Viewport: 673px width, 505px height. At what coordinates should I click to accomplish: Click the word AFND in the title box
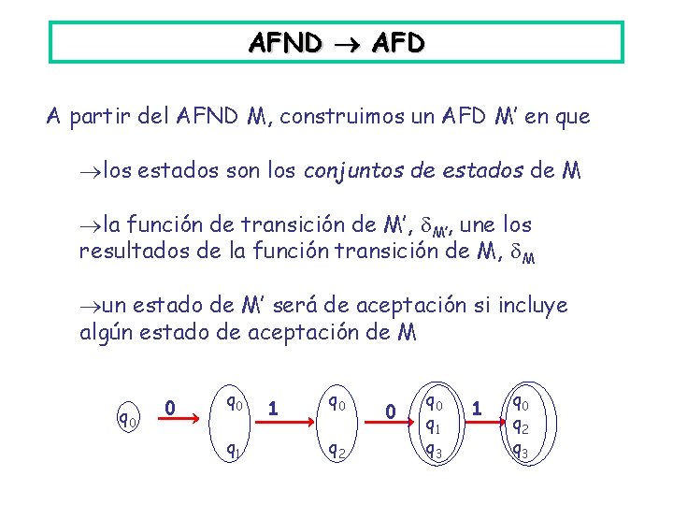286,43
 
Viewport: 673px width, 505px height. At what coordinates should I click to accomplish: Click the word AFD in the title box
397,43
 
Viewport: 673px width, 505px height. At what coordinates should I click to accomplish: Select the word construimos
330,117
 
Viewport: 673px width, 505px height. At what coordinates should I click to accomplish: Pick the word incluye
535,305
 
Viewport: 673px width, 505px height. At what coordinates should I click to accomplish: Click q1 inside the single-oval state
435,426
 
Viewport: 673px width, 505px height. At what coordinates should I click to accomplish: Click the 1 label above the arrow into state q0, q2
272,408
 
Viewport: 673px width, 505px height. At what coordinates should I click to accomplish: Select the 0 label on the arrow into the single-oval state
392,411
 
